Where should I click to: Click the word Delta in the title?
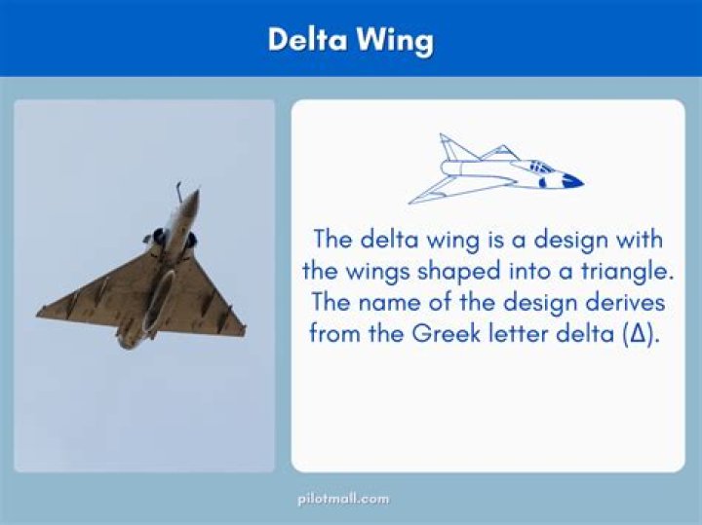pyautogui.click(x=307, y=39)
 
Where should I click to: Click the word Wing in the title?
pyautogui.click(x=395, y=42)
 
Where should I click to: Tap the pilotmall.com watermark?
pyautogui.click(x=343, y=499)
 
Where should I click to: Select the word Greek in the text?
pyautogui.click(x=446, y=333)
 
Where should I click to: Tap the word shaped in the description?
pyautogui.click(x=458, y=273)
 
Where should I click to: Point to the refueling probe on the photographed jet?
pyautogui.click(x=178, y=191)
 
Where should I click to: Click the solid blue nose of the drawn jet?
pyautogui.click(x=572, y=180)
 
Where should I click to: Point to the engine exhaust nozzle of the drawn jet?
pyautogui.click(x=446, y=169)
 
